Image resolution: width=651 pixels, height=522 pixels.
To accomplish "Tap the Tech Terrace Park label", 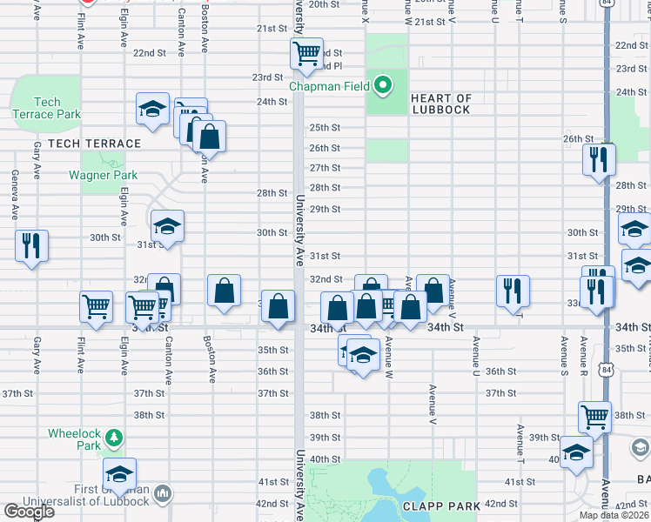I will point(46,109).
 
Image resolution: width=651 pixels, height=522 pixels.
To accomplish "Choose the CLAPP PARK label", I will point(436,505).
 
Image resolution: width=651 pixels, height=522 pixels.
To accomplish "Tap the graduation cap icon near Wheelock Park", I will point(120,473).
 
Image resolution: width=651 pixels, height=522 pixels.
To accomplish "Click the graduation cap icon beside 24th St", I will point(153,110).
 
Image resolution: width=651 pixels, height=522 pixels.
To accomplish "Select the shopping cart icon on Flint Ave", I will point(96,306).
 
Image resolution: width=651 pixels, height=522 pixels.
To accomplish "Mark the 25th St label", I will point(325,127).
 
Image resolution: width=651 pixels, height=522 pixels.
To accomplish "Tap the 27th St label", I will point(325,168).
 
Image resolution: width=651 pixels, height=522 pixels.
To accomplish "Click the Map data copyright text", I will point(614,515).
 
